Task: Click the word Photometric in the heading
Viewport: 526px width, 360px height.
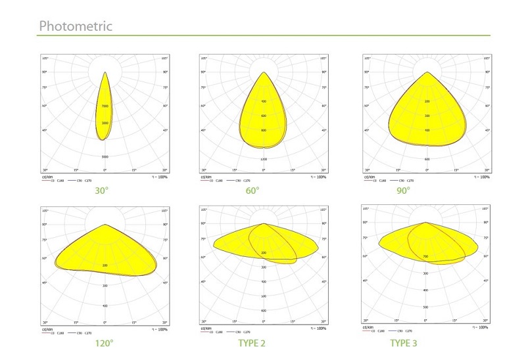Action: click(76, 26)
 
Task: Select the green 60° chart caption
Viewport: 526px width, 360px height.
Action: click(252, 191)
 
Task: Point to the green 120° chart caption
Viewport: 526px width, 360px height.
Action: click(104, 343)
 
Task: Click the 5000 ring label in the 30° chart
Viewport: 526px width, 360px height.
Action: click(105, 158)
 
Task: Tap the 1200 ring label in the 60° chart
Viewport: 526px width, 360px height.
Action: click(264, 160)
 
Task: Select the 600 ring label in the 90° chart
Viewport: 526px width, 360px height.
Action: click(427, 160)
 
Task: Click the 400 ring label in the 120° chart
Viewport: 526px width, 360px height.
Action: click(105, 306)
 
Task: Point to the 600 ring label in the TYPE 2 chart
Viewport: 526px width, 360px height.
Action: click(264, 311)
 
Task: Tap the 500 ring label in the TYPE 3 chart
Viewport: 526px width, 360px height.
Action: click(425, 307)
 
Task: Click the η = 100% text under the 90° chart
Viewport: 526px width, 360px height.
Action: click(481, 177)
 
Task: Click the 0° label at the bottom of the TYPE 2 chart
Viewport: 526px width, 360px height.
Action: click(264, 322)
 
